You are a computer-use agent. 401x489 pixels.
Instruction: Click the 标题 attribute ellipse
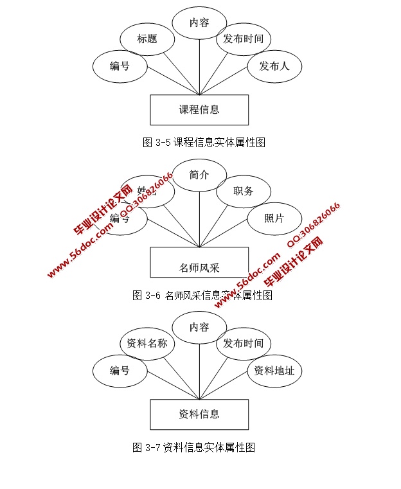(x=147, y=39)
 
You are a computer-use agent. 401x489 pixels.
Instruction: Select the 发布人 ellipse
(x=274, y=66)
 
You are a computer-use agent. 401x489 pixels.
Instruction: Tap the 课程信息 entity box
(x=199, y=109)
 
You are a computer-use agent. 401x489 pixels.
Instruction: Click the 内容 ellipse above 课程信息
(x=199, y=23)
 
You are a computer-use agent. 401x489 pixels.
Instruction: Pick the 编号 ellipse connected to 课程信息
(x=120, y=66)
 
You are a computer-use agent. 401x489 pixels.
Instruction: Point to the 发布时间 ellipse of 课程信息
(x=243, y=39)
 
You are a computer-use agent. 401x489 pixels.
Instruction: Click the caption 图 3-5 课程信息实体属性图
(x=204, y=143)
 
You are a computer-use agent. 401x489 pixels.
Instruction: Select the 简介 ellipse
(x=199, y=175)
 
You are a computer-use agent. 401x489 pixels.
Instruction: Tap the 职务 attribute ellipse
(x=243, y=191)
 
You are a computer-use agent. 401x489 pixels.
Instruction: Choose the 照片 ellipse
(x=274, y=218)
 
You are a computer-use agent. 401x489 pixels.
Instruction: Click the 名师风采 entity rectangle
(x=199, y=262)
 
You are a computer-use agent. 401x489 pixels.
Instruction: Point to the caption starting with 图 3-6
(x=202, y=296)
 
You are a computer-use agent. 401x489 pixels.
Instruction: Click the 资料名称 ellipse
(x=147, y=343)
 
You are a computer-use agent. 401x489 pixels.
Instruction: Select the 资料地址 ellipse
(x=274, y=371)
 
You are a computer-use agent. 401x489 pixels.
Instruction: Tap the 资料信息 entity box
(x=199, y=414)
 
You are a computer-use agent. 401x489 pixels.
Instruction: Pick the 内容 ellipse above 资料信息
(x=199, y=328)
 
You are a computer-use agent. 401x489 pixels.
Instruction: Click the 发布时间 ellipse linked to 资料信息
(x=243, y=343)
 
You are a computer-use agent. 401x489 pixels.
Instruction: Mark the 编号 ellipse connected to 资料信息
(x=120, y=371)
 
